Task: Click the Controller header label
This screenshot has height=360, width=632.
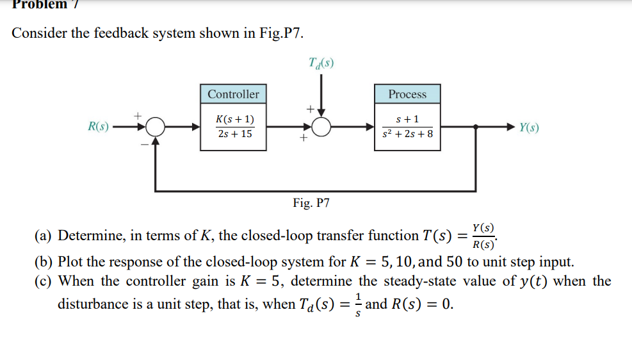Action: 233,94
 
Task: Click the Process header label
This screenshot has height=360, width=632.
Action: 407,94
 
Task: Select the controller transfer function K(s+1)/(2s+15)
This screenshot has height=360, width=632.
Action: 234,127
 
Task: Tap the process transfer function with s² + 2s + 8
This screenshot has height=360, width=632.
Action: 407,127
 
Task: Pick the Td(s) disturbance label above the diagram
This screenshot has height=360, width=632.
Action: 321,63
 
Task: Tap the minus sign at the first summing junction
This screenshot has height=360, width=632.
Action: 145,144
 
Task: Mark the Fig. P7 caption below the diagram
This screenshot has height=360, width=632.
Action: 311,203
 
